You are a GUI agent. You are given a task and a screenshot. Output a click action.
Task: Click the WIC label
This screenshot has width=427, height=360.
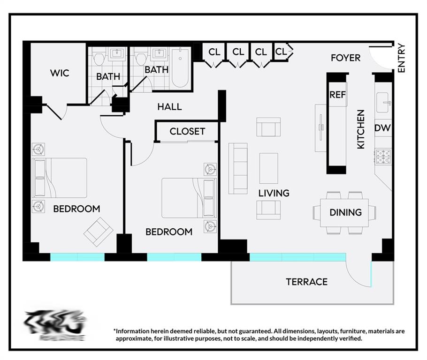pos(60,73)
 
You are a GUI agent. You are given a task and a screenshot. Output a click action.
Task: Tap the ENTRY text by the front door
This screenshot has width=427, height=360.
pos(401,58)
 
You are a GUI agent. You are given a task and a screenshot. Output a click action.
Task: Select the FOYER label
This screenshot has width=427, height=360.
pos(345,58)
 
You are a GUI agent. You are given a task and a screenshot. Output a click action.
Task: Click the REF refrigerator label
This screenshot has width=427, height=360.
pos(337,95)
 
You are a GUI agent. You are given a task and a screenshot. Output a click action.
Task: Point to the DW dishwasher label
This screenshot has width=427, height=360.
pos(383,128)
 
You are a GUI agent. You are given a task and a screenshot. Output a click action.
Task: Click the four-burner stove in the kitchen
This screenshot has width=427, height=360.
pos(383,157)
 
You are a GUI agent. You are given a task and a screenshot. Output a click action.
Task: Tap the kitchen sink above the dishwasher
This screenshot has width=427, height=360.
pos(383,103)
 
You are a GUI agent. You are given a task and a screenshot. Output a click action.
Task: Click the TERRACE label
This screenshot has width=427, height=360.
pos(306,282)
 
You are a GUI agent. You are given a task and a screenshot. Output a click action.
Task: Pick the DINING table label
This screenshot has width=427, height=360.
pos(345,212)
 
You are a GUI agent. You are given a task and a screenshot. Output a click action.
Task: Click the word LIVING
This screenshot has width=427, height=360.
pos(274,193)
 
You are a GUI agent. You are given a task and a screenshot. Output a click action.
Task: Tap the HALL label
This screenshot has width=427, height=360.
pos(169,107)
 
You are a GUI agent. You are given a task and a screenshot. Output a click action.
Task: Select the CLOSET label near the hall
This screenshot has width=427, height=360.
pos(187,132)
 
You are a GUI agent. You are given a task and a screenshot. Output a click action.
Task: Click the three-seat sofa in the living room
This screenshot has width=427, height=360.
pos(238,168)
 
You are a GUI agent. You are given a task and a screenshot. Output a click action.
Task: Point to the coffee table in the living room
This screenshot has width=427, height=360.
pos(268,168)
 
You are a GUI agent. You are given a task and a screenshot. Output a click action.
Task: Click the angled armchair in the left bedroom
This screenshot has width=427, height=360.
pos(98,232)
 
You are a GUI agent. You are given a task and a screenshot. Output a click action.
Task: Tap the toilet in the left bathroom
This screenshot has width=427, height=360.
pos(99,58)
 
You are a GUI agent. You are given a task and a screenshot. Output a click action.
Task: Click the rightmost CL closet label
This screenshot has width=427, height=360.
pos(281,52)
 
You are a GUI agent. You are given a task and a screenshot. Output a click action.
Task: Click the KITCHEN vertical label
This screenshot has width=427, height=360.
pos(361,129)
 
